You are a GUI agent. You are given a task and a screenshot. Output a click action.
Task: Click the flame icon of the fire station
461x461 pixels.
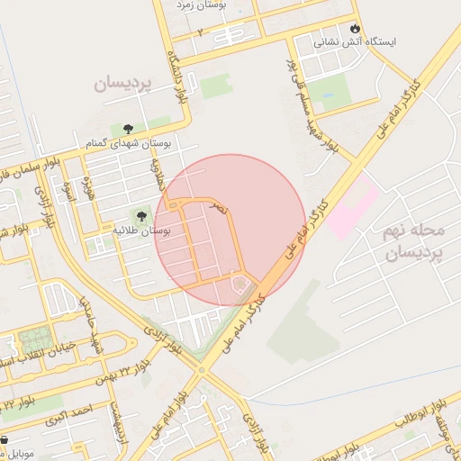pyautogui.click(x=357, y=28)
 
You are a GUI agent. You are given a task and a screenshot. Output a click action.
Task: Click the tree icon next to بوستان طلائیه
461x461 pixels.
pyautogui.click(x=140, y=215)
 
